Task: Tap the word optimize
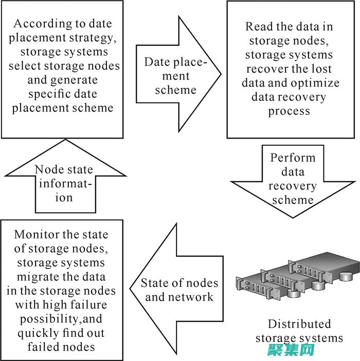pos(318,83)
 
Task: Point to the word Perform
pos(293,158)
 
